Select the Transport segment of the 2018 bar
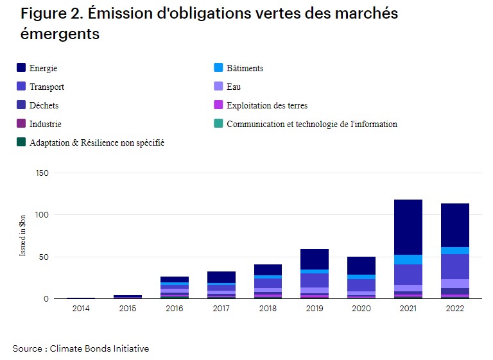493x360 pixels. pos(268,283)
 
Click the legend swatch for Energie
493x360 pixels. pos(21,68)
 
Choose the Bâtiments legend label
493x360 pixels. pos(245,68)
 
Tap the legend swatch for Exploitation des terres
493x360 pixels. pos(218,105)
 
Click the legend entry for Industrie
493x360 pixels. pos(45,124)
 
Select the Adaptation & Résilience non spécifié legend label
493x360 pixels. pos(96,142)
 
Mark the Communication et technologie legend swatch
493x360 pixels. pos(218,124)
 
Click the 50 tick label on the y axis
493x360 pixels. pos(43,257)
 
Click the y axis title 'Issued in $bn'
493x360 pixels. pos(23,236)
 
